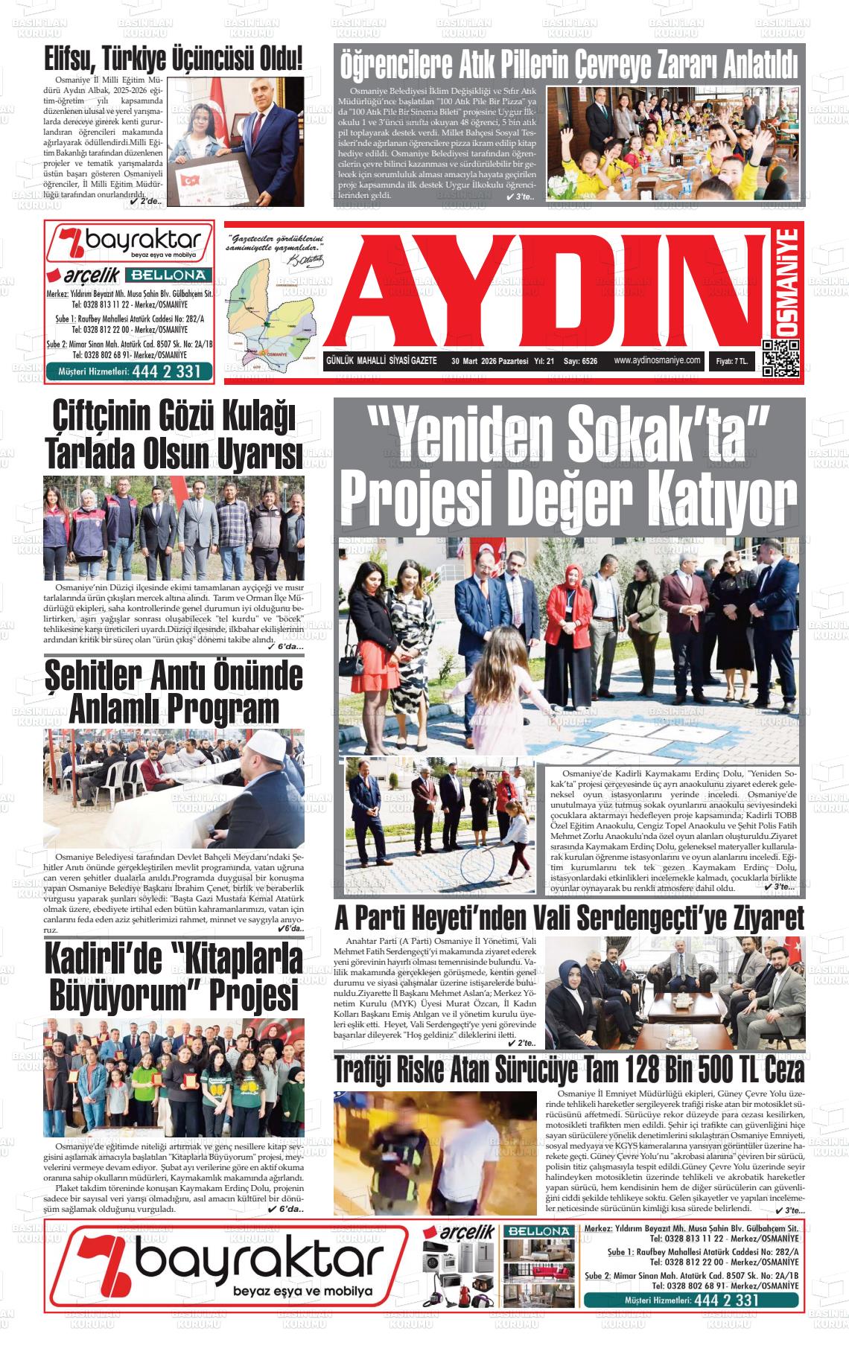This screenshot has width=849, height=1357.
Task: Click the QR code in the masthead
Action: click(780, 358)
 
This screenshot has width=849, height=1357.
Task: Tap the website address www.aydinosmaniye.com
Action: click(657, 360)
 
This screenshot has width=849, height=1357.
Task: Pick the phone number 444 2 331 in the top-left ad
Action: click(168, 371)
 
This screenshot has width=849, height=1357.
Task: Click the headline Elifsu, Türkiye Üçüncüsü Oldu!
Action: click(174, 57)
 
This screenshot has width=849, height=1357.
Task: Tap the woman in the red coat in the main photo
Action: click(568, 610)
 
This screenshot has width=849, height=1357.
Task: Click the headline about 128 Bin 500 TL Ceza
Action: click(569, 1070)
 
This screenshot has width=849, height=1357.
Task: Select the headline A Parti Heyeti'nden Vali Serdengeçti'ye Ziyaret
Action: click(569, 918)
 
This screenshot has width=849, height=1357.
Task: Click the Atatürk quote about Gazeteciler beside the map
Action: click(276, 243)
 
